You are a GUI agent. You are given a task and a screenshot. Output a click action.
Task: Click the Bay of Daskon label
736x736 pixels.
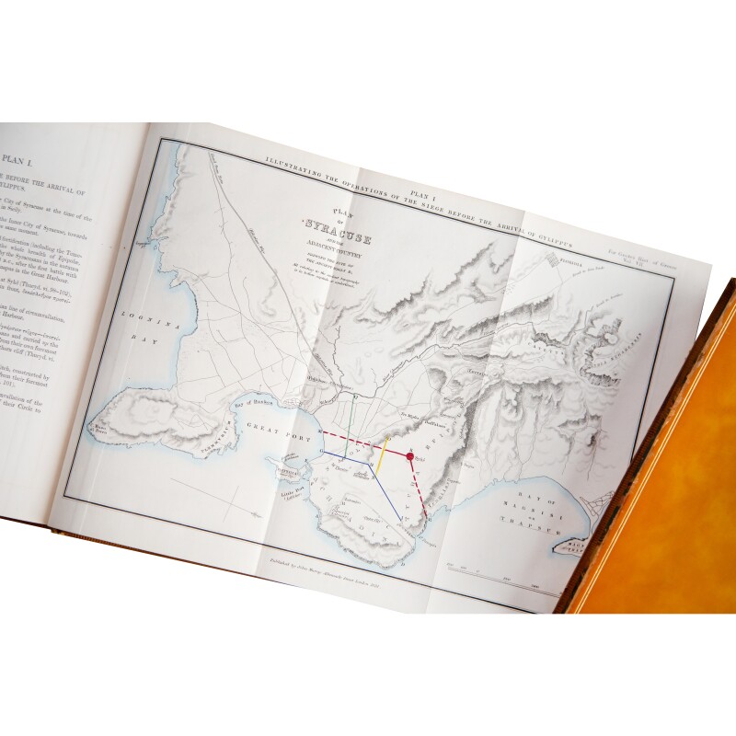coord(232,407)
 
